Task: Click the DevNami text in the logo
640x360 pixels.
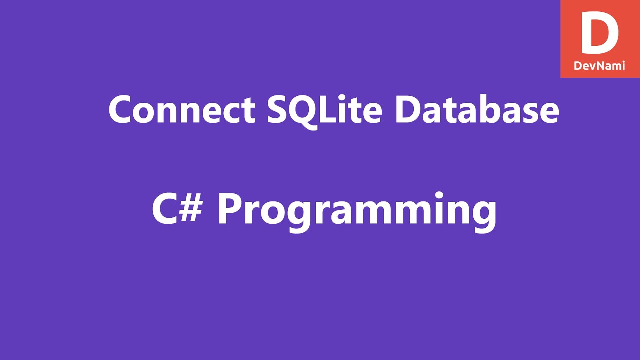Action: coord(600,65)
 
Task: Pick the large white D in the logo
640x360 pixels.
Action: coord(599,34)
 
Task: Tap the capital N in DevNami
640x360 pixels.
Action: coord(600,65)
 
